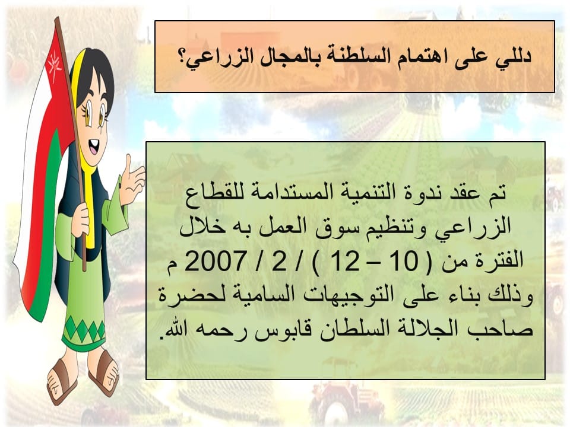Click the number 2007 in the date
pyautogui.click(x=214, y=261)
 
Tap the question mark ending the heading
pyautogui.click(x=182, y=58)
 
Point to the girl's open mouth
pyautogui.click(x=93, y=147)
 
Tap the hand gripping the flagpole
pyautogui.click(x=81, y=220)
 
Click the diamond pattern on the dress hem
pyautogui.click(x=84, y=329)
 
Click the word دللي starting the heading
pyautogui.click(x=513, y=58)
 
